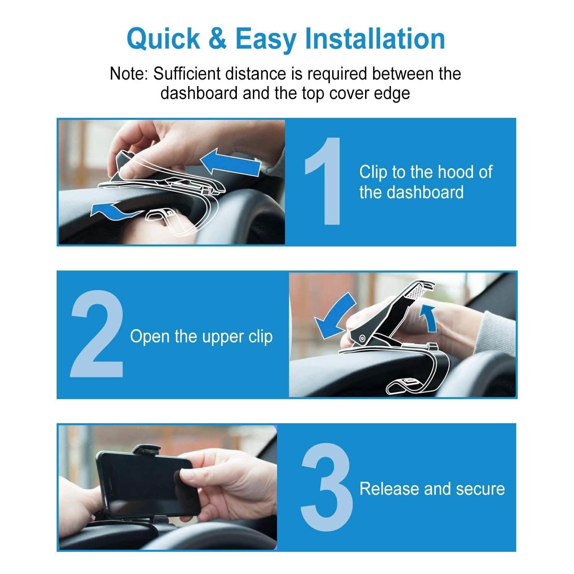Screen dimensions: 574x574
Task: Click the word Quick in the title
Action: click(163, 39)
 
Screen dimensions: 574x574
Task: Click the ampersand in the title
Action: click(218, 39)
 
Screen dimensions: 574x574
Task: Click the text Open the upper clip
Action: click(201, 337)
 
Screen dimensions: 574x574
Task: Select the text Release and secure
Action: click(432, 489)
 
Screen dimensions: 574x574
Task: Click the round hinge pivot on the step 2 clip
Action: click(362, 338)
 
